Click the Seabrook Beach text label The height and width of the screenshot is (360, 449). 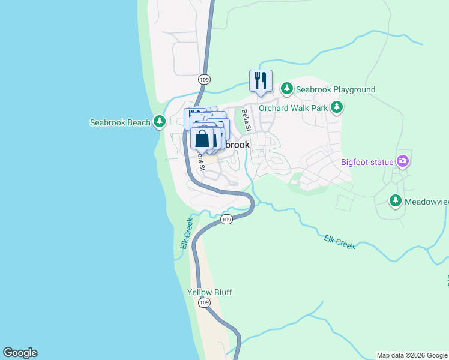(120, 122)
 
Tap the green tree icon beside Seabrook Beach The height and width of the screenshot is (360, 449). (159, 122)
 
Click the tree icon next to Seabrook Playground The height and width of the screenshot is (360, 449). (287, 89)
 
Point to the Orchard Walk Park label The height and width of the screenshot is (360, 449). (294, 108)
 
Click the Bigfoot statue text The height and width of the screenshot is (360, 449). (367, 161)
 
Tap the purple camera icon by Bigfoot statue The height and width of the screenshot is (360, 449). (402, 161)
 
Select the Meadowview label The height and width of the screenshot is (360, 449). (426, 202)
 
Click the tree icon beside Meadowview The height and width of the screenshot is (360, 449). (395, 202)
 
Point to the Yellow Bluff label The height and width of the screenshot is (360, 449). (209, 292)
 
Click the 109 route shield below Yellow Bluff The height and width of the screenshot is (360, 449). (205, 303)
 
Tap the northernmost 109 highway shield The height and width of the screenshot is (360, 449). (204, 79)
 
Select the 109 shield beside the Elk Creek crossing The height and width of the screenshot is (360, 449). (226, 220)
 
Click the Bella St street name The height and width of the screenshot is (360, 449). (246, 120)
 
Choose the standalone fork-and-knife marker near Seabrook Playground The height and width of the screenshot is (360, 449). (261, 80)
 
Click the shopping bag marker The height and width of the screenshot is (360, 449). (203, 138)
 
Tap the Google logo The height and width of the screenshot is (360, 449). (20, 353)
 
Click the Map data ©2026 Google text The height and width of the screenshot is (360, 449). (412, 355)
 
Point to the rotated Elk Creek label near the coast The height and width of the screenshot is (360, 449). (187, 233)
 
